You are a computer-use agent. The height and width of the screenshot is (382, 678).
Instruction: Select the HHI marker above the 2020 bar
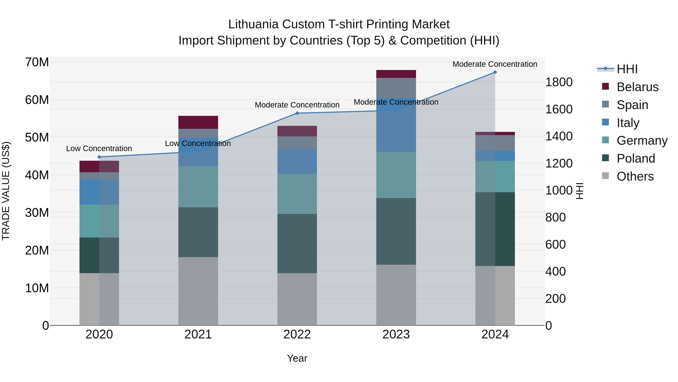tap(99, 157)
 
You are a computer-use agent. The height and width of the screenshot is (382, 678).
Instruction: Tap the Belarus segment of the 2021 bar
tap(198, 122)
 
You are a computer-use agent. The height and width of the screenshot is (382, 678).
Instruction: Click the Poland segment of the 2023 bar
tap(396, 231)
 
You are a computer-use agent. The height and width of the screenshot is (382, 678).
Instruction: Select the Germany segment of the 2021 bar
tap(198, 186)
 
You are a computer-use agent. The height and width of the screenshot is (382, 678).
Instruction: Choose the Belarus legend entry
tap(637, 87)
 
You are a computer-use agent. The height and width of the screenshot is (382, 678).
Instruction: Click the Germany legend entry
tap(642, 141)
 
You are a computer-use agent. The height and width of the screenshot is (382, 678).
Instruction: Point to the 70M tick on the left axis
tap(37, 62)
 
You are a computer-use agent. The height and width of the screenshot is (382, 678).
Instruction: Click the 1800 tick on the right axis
tap(559, 82)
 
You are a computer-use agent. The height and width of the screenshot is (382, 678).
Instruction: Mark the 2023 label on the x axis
tap(396, 334)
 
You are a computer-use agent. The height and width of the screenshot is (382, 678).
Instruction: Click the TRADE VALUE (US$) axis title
tap(6, 191)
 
